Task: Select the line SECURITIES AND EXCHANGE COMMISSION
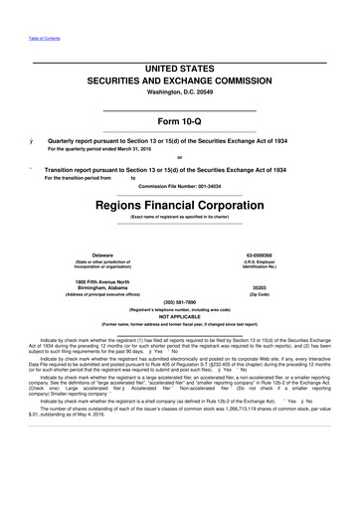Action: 179,81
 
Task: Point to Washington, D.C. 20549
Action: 179,93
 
